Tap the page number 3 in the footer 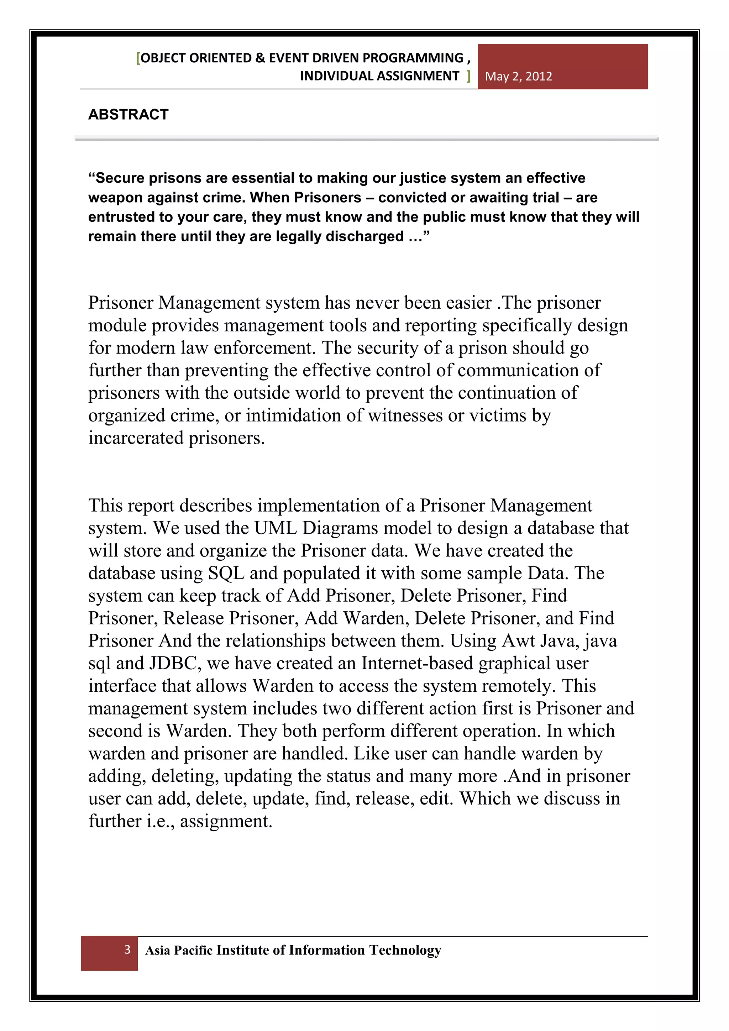[x=127, y=949]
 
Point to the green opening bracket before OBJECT [x=138, y=58]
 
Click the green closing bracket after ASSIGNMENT [x=468, y=76]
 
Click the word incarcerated [x=136, y=438]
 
